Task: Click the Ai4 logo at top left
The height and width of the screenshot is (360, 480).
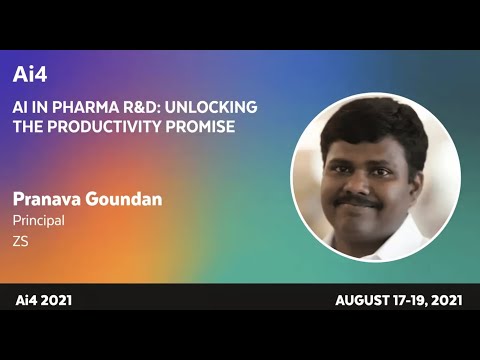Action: [30, 75]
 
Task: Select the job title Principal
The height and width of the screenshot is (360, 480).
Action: [38, 220]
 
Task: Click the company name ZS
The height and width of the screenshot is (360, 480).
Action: [20, 241]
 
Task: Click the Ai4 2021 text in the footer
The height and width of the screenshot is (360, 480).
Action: [43, 300]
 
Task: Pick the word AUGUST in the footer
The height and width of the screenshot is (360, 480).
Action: [363, 300]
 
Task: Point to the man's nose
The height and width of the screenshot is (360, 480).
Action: [361, 184]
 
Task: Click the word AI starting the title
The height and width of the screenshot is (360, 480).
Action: [21, 107]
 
